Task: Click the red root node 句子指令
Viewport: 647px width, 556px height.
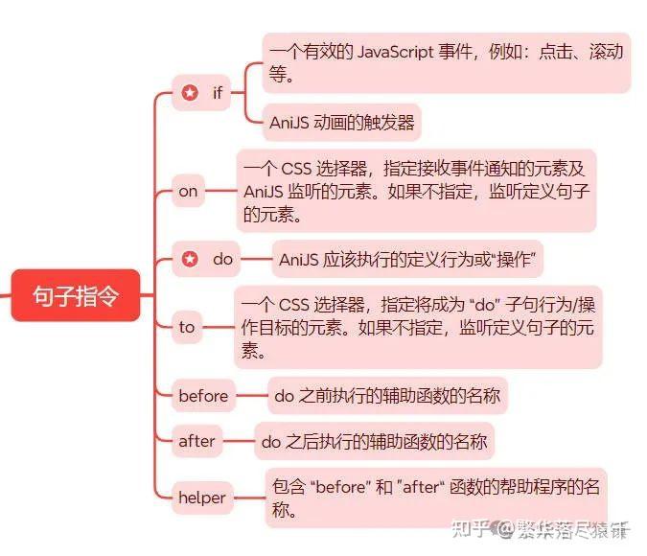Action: [76, 295]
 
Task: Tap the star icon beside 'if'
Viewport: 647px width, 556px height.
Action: [190, 93]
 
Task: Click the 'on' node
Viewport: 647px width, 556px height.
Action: [188, 191]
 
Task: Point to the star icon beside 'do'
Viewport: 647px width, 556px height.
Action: [190, 259]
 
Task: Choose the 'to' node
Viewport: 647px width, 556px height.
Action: [187, 327]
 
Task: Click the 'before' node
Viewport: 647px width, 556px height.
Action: [203, 395]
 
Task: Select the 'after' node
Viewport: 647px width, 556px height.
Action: [196, 442]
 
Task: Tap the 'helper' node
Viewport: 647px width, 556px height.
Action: [202, 497]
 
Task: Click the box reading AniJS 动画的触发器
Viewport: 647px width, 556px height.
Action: [341, 122]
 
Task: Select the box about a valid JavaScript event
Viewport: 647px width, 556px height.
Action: [446, 62]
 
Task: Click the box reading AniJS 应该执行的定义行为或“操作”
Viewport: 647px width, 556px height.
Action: [407, 259]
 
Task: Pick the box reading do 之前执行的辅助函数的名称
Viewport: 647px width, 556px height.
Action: [386, 395]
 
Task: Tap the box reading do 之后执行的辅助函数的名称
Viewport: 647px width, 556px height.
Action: [374, 442]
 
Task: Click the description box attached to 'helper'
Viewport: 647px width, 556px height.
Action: [436, 497]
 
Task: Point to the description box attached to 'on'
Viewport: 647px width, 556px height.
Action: [416, 191]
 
